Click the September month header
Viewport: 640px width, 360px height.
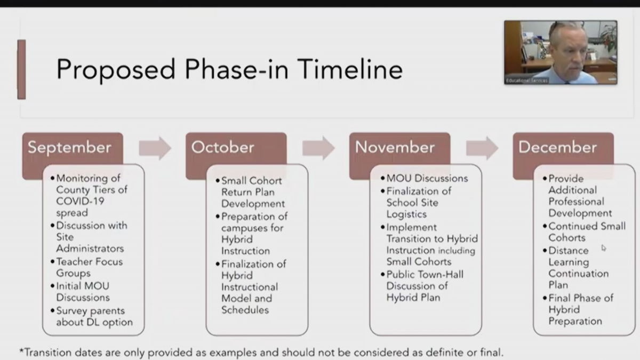(x=69, y=147)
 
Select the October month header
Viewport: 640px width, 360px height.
(x=222, y=147)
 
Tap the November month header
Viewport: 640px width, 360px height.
(x=395, y=147)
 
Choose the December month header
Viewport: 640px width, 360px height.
(x=557, y=147)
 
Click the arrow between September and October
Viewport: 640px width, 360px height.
(x=155, y=148)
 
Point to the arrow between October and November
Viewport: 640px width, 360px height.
(x=318, y=148)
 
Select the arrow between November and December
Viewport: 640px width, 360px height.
(x=482, y=148)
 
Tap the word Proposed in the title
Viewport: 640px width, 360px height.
(x=116, y=70)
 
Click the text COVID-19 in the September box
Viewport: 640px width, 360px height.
(x=81, y=201)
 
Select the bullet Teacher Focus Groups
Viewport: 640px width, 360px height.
(x=87, y=267)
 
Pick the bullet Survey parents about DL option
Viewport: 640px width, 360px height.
(x=91, y=316)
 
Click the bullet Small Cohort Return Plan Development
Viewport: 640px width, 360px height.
(x=250, y=192)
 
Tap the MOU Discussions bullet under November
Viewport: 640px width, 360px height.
(x=425, y=178)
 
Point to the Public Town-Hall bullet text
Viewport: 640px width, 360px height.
(x=422, y=286)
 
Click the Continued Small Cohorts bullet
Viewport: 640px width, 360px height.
(x=585, y=231)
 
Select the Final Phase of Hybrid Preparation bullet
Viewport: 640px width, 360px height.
(x=578, y=309)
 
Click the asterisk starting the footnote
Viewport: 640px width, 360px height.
(x=21, y=350)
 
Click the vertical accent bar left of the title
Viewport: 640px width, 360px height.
(x=22, y=69)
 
